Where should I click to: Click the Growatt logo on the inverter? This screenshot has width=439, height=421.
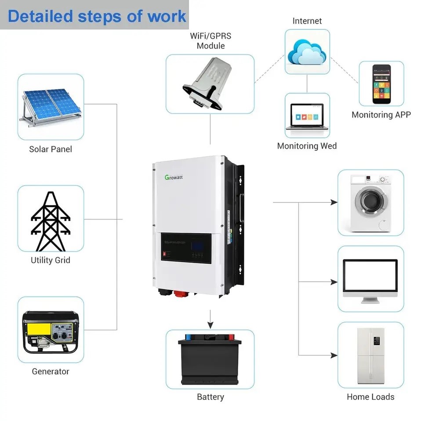pos(174,177)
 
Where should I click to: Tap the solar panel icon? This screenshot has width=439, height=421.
pos(51,107)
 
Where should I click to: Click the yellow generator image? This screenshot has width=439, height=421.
pos(51,331)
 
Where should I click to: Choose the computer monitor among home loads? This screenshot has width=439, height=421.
pos(370,280)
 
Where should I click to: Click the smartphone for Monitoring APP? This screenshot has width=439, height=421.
pos(381,84)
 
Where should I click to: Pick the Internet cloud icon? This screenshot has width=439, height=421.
pos(307,52)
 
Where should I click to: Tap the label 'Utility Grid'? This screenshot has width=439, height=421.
pos(51,260)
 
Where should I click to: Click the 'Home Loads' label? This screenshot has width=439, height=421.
pos(370,397)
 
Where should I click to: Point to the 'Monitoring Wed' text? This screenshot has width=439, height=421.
pos(307,146)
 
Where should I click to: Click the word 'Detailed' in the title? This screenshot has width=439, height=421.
pos(40,16)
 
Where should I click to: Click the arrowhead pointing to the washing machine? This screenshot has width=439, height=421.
pos(334,202)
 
